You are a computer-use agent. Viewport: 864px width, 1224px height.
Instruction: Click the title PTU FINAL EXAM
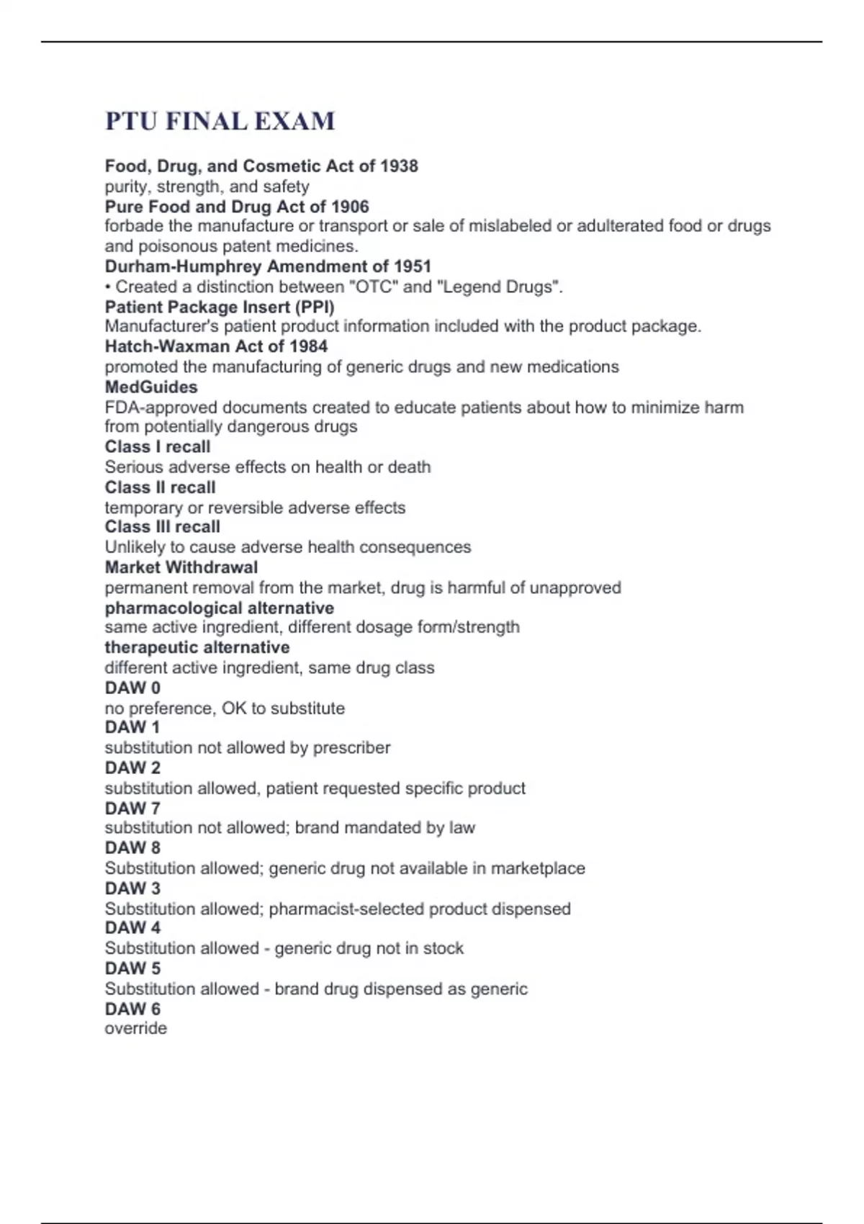click(220, 121)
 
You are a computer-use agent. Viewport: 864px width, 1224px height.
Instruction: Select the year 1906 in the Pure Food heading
click(350, 207)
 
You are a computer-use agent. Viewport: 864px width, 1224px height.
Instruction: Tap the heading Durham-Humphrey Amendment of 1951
click(268, 266)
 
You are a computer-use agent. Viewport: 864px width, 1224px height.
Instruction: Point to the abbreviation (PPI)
click(315, 307)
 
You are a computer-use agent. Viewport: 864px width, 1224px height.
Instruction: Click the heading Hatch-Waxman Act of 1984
click(216, 346)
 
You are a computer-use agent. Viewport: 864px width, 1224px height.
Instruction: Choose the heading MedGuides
click(151, 387)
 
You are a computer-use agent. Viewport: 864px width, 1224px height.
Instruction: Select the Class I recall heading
click(158, 446)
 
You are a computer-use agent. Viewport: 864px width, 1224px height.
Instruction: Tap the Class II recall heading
click(160, 487)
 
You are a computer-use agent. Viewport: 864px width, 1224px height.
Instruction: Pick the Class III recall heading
click(162, 526)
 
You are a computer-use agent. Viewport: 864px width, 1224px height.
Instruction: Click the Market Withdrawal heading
click(181, 567)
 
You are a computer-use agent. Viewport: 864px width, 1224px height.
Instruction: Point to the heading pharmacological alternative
click(220, 608)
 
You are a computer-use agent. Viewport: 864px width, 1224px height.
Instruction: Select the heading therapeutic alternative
click(197, 647)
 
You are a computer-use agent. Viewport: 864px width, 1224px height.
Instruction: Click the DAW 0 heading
click(132, 688)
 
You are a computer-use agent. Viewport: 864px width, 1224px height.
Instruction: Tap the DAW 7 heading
click(132, 808)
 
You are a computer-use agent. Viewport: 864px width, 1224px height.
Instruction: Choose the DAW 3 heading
click(132, 888)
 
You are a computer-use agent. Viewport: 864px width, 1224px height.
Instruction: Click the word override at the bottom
click(135, 1028)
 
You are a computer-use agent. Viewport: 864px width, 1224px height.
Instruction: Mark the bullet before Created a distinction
click(108, 287)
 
